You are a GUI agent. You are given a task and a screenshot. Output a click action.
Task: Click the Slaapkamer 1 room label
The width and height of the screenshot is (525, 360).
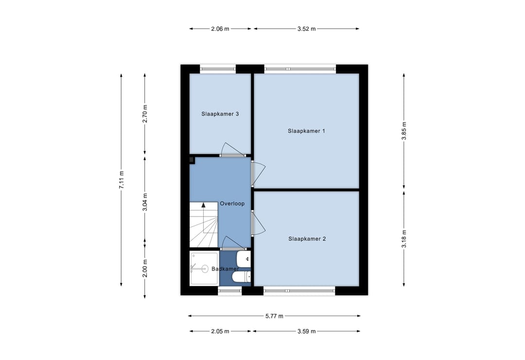[306, 131]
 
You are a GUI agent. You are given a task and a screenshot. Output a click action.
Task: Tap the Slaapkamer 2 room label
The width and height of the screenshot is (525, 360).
[307, 239]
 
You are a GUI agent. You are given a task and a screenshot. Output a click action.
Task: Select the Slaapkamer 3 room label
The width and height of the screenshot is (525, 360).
[220, 114]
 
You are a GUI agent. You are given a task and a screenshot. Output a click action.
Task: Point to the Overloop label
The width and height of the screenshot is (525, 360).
[232, 204]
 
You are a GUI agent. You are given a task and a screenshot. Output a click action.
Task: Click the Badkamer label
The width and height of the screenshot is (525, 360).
[225, 269]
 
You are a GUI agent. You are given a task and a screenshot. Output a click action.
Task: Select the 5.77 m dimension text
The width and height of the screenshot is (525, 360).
[274, 316]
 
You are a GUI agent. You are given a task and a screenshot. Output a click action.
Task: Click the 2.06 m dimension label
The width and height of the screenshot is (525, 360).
[220, 29]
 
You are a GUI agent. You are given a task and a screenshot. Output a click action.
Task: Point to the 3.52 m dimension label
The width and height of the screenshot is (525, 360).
[307, 29]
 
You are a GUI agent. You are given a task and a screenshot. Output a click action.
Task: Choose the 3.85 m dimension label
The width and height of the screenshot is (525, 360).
[404, 131]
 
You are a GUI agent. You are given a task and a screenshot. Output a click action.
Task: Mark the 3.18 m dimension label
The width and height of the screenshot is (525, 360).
[404, 239]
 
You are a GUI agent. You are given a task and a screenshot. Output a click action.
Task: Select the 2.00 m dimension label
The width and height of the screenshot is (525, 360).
[145, 268]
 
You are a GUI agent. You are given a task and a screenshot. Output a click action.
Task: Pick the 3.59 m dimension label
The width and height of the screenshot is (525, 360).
[307, 331]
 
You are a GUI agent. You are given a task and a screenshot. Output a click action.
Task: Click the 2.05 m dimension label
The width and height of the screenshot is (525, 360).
[220, 331]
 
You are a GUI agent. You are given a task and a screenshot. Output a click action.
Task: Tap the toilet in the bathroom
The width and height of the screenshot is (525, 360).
[241, 276]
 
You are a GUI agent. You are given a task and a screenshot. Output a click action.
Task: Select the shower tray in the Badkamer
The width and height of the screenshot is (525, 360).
[204, 268]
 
